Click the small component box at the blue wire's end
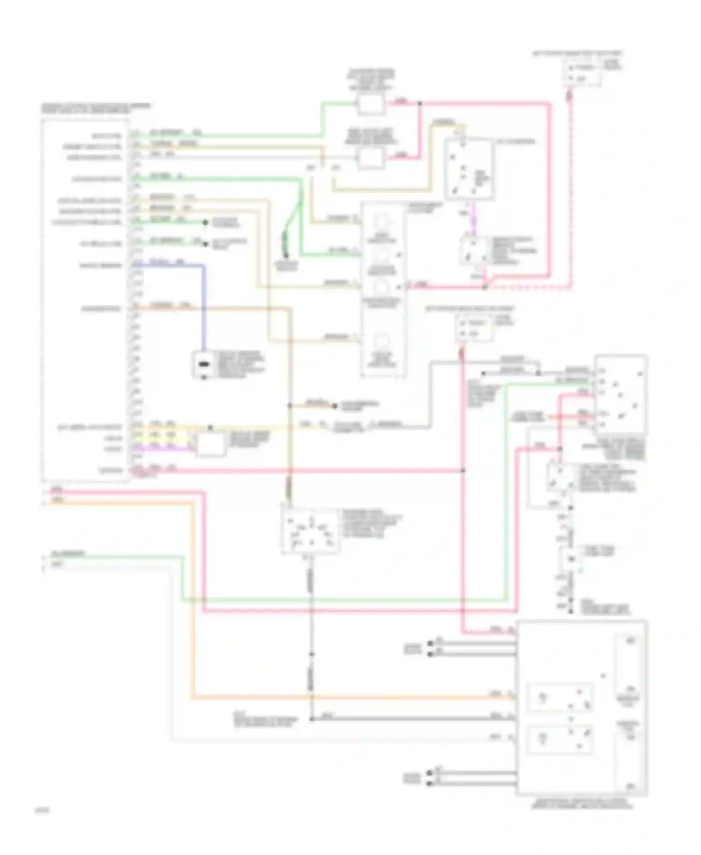203,364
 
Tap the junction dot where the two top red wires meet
419,103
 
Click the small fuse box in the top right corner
582,73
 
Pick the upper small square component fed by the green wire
370,104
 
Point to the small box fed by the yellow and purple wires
210,444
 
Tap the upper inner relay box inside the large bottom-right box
559,697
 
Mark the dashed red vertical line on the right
570,187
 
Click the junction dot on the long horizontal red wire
463,470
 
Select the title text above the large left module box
96,108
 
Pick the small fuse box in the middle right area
474,327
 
